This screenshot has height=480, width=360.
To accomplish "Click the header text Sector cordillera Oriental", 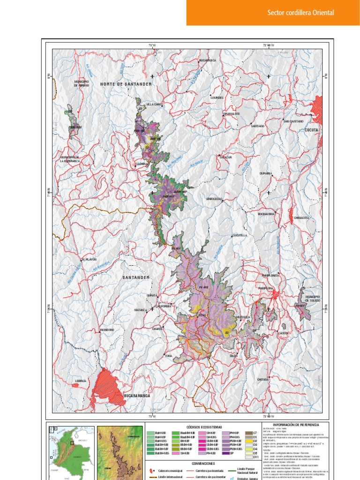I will coord(300,13).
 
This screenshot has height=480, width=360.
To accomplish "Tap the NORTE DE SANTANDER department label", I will coord(126,84).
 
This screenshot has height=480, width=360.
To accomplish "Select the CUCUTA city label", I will coord(311,129).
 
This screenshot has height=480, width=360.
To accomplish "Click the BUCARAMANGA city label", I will coord(136,396).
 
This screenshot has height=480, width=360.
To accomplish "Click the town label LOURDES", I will coord(217,98).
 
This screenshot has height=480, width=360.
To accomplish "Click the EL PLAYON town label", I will coord(89,259).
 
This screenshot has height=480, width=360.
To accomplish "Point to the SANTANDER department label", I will coord(136,277).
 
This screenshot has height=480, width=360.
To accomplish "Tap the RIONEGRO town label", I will coord(107,330).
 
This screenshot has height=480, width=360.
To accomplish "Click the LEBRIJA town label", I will coord(81,381).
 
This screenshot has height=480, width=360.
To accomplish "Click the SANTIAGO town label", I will coord(258,126).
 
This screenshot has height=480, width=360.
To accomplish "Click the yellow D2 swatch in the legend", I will coord(256,441).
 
